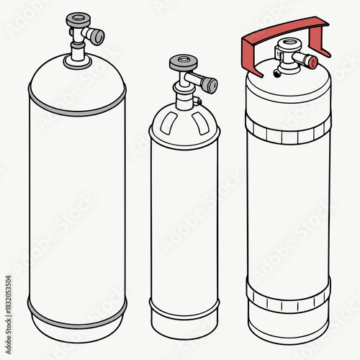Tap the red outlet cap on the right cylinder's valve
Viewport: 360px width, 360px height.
[312, 63]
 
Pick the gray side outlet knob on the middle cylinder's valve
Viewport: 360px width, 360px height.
[209, 86]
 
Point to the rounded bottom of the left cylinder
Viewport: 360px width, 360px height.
[77, 328]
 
